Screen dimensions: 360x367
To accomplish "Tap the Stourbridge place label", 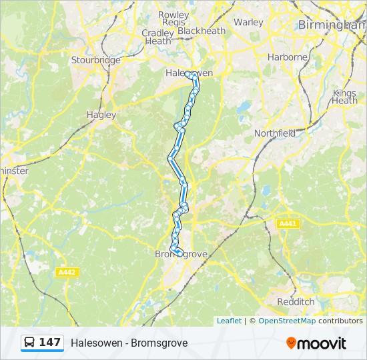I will [96, 60].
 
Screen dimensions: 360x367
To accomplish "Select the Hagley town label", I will [101, 115].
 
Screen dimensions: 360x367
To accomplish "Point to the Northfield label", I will [275, 133].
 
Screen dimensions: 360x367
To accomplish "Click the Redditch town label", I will [296, 301].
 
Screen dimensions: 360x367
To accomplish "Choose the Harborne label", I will [287, 57].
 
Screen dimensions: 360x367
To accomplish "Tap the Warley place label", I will [249, 22].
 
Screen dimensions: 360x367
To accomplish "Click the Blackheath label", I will [202, 31].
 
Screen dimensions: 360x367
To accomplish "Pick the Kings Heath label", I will [345, 97].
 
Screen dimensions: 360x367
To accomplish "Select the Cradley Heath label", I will [158, 37].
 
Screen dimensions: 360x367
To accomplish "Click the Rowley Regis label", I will [173, 19].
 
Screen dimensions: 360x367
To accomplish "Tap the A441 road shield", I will [288, 224].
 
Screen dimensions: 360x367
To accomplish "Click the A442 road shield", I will [67, 272].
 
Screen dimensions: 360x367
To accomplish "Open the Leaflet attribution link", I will [229, 321].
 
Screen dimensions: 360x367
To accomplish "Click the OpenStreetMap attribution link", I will [287, 321].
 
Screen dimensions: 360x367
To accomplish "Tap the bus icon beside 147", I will [30, 343].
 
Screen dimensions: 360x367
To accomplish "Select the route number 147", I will [49, 343].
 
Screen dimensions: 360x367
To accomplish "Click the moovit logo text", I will [322, 343].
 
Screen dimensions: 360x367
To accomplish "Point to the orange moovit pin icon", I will [291, 343].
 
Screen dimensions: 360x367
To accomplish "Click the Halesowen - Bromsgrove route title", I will [129, 343].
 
